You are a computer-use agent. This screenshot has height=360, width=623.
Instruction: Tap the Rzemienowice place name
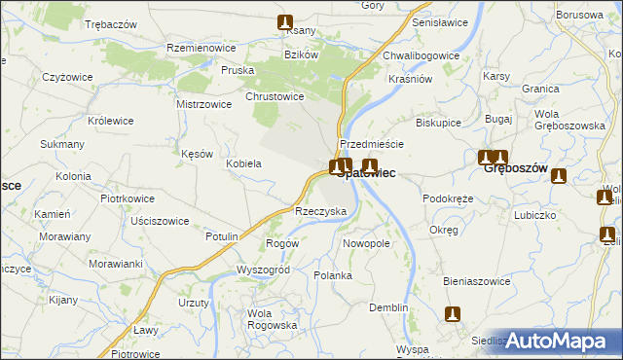(204, 49)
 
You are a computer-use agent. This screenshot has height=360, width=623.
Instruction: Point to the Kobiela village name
(244, 163)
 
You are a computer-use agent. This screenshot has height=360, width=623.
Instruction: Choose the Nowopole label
(367, 243)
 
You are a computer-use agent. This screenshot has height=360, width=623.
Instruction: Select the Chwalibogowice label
(421, 55)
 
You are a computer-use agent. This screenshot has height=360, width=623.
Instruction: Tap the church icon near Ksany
(284, 22)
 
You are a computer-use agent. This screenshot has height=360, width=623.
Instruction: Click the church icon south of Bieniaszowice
(452, 314)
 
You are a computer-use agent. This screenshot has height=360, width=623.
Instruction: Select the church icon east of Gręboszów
(558, 176)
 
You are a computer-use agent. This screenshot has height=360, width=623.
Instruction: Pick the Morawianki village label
(116, 264)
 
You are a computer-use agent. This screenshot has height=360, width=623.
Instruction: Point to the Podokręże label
(448, 198)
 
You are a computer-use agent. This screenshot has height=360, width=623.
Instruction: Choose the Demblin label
(388, 307)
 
